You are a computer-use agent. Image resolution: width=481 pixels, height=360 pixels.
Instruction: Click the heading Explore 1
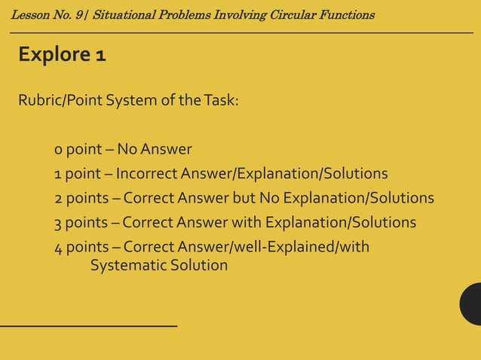[62, 55]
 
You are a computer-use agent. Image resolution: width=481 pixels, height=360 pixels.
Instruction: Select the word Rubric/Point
[60, 100]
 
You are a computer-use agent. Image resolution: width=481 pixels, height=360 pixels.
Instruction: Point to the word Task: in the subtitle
[220, 100]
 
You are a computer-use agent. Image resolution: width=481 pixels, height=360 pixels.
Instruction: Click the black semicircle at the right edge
[473, 304]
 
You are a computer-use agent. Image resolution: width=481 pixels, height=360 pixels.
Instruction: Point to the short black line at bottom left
[88, 326]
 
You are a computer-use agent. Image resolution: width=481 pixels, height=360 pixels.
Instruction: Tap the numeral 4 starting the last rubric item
[58, 248]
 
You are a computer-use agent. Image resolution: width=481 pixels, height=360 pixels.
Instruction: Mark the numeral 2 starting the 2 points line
[58, 199]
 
